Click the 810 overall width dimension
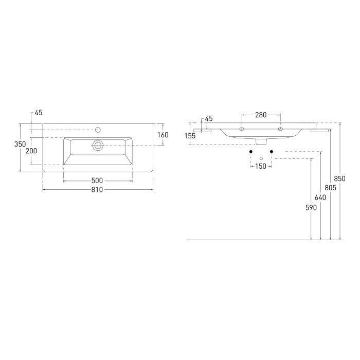coord(97,190)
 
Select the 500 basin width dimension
coord(97,181)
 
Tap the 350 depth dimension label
coord(20,144)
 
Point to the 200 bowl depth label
coord(31,151)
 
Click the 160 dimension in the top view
coord(163,135)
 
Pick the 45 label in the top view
coord(39,113)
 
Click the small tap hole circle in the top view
coord(98,130)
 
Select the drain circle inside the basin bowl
coord(98,146)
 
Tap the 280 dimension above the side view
coord(261,115)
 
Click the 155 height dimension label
coord(190,136)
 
